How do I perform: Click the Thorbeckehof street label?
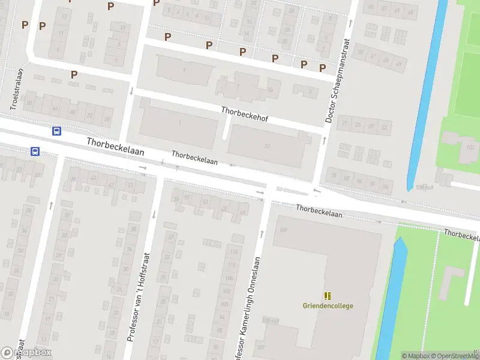click(x=244, y=115)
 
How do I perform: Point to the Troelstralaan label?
click(x=17, y=89)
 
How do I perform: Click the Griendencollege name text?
click(x=328, y=306)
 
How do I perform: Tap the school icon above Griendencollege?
click(x=328, y=295)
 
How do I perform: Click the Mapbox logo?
click(x=26, y=353)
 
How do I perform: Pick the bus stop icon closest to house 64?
click(x=57, y=131)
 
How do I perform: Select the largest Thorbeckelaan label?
click(x=116, y=148)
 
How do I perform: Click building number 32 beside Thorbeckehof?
click(x=266, y=146)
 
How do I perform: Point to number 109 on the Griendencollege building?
click(x=283, y=230)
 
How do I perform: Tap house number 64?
click(x=55, y=109)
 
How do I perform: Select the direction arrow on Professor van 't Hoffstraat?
click(x=154, y=214)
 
